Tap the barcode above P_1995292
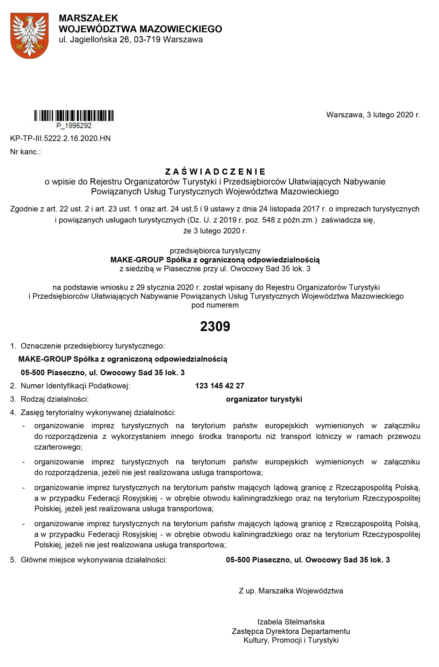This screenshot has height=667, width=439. pos(74,115)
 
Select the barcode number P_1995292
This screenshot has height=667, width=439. pos(74,126)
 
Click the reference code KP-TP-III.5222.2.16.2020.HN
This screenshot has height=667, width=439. pos(60,138)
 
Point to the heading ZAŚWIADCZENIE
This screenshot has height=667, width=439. pos(215,171)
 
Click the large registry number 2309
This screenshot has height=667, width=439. pos(215,326)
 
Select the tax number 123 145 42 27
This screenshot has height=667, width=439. pos(219,386)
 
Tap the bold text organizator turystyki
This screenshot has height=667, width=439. pos(264,399)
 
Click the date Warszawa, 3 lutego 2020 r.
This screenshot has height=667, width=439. pos(373,115)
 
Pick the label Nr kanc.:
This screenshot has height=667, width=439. pos(26,152)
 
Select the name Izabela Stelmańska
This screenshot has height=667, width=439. pos(291,622)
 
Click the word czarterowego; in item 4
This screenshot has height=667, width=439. pos(58,447)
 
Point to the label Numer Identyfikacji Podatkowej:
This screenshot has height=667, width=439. pos(75,386)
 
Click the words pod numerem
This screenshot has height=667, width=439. pos(215,305)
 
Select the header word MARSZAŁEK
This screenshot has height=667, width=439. pos(88,18)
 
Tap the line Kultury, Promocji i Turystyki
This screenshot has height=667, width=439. pos(291,640)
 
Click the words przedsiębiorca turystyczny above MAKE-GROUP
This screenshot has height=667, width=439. pos(215,251)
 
